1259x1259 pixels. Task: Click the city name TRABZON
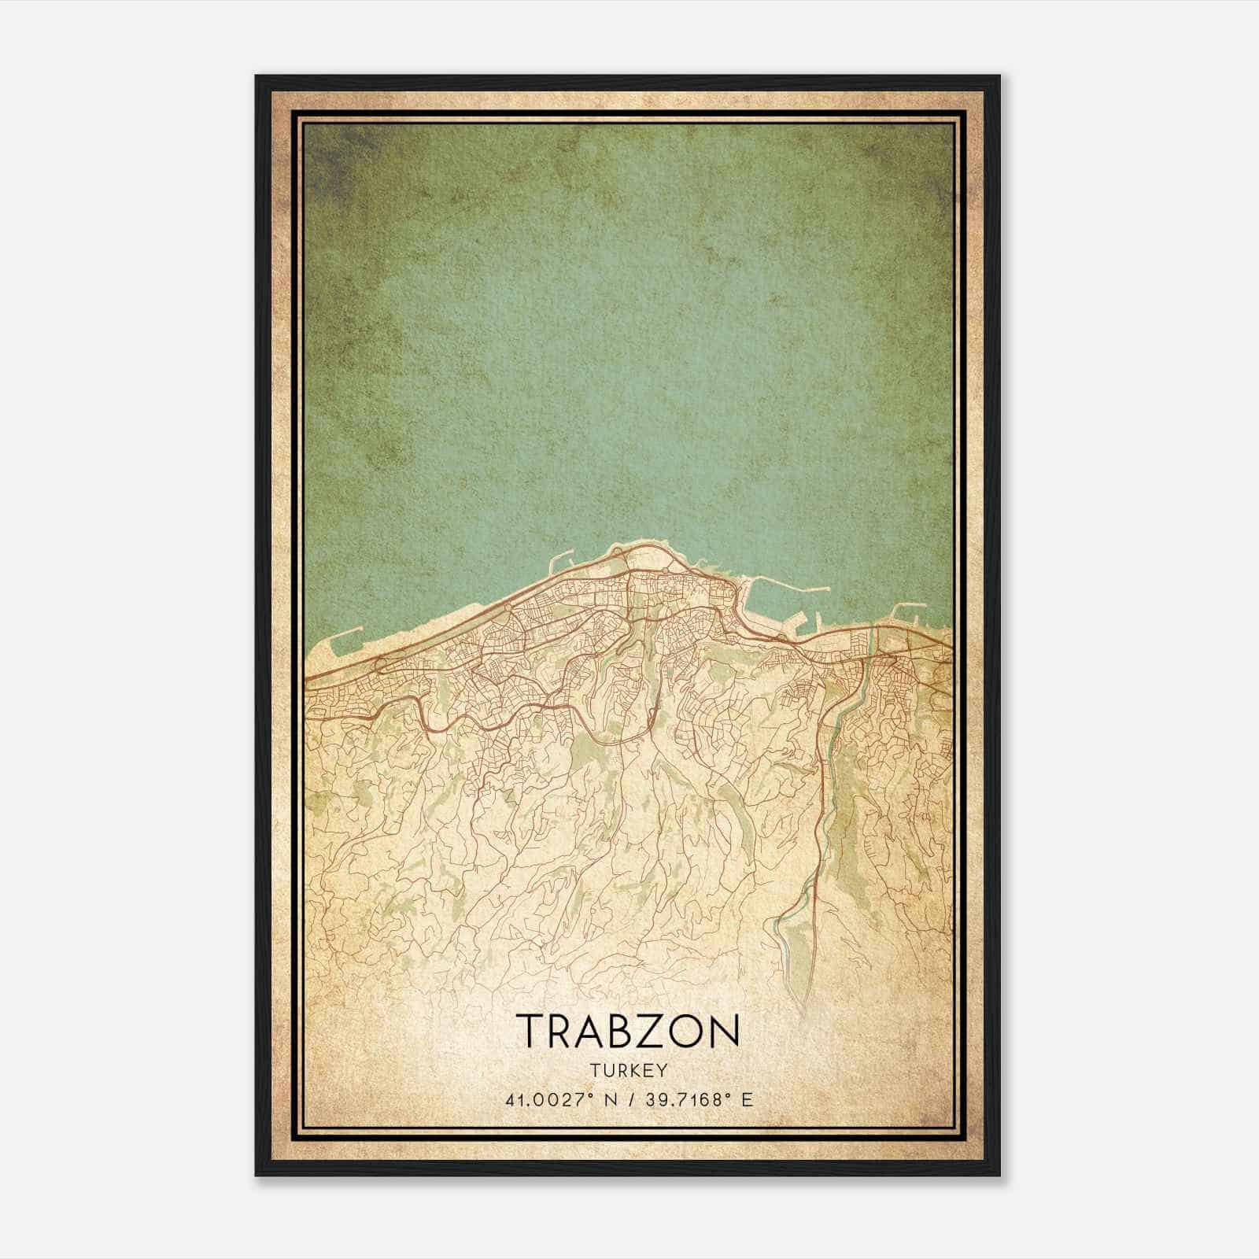[x=629, y=1030]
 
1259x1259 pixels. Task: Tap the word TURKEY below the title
[x=629, y=1070]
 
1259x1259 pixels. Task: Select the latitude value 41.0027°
[x=549, y=1099]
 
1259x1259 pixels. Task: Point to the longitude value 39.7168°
[x=683, y=1099]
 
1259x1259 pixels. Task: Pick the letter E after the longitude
[x=747, y=1099]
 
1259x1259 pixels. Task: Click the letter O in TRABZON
[x=689, y=1030]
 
